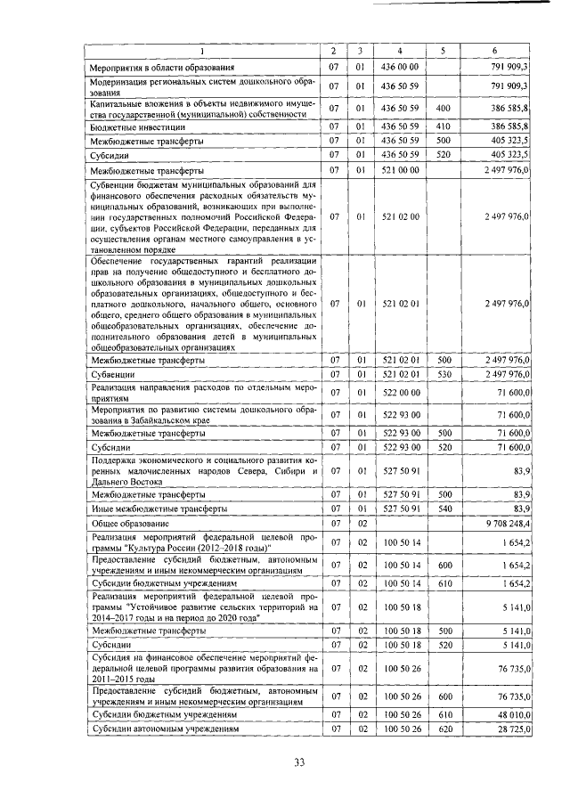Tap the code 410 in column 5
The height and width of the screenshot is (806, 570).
tap(444, 126)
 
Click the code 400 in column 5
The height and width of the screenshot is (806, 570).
tap(444, 108)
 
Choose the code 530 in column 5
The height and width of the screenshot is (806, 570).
tap(444, 375)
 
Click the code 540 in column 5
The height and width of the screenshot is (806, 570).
tap(444, 509)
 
